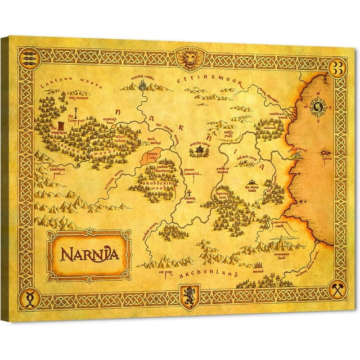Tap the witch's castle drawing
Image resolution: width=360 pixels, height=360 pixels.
[x=145, y=85]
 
